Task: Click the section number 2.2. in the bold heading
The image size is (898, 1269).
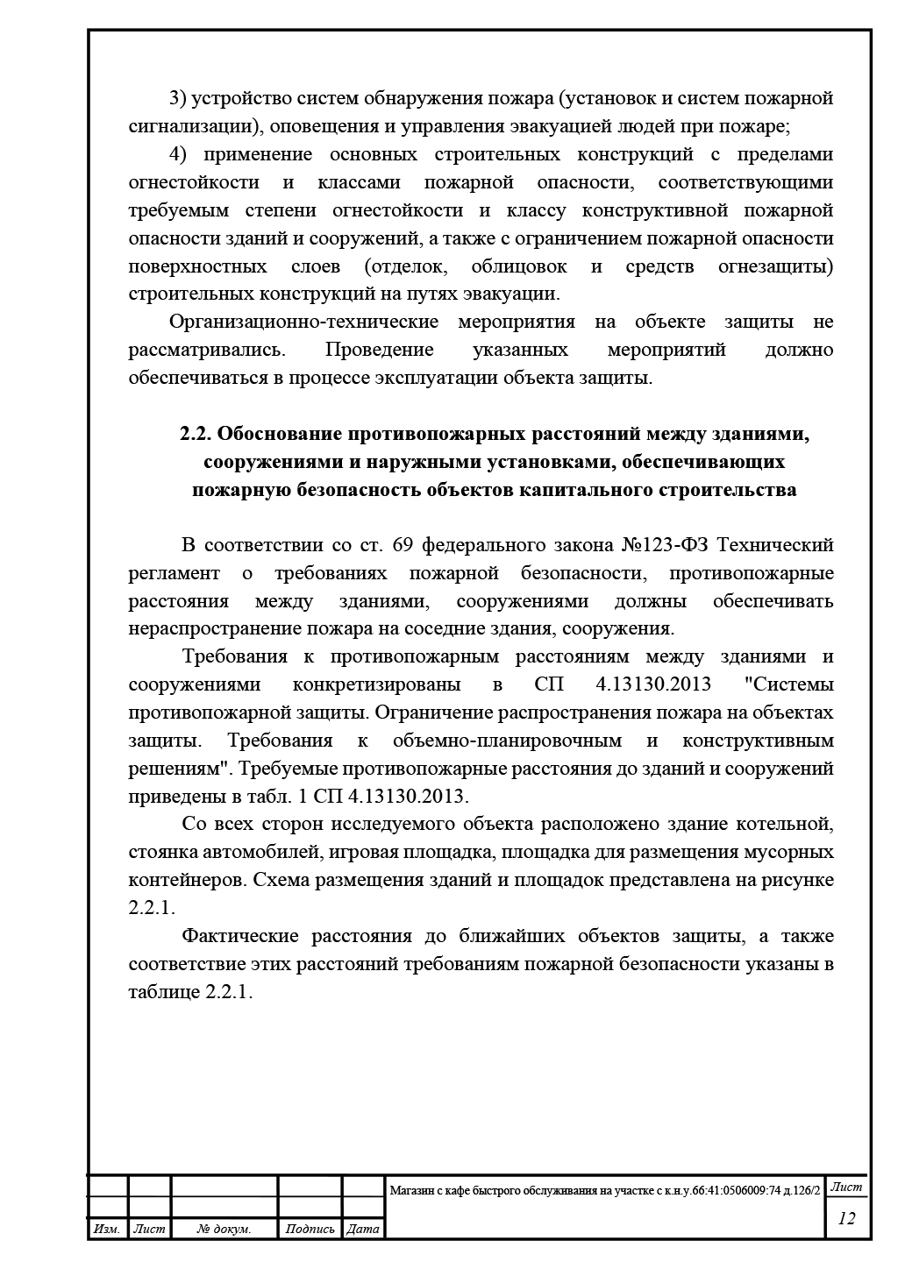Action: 196,433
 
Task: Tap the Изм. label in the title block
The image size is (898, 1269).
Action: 107,1230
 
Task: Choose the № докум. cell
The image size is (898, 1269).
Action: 224,1230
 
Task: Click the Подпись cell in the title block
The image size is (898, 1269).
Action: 310,1230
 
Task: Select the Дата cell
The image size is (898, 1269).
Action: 363,1230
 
